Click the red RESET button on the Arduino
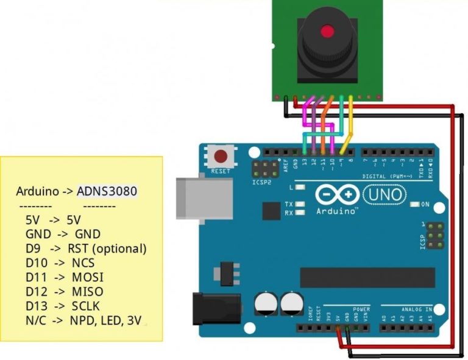click(x=220, y=156)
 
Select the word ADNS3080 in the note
click(x=107, y=191)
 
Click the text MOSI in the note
click(x=87, y=277)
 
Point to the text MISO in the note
click(x=87, y=291)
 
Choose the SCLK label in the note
click(x=85, y=306)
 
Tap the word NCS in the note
click(x=83, y=263)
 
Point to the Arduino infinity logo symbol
click(x=337, y=194)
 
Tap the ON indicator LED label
click(x=425, y=204)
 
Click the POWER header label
click(x=361, y=309)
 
